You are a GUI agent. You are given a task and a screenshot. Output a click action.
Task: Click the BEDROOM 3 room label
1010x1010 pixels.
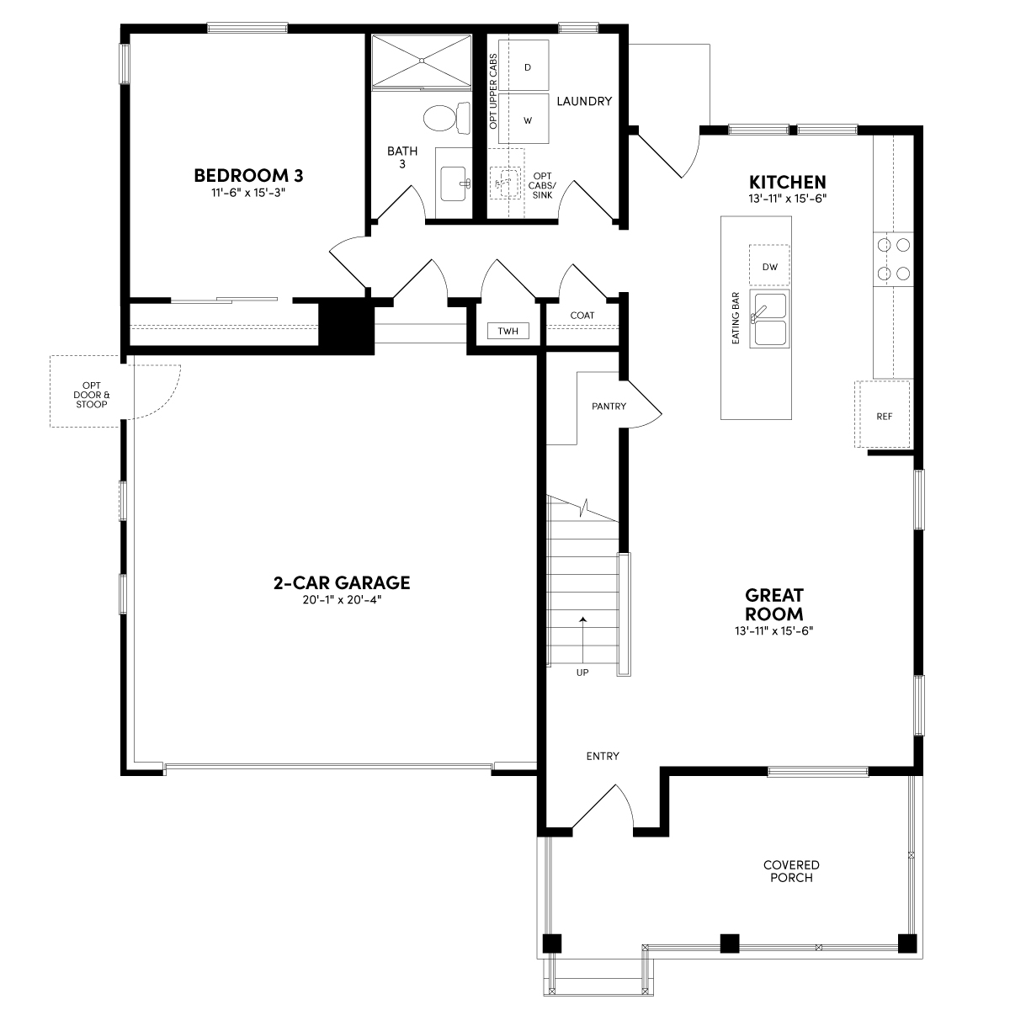coord(248,176)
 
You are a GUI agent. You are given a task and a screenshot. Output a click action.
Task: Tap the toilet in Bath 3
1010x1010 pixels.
coord(447,117)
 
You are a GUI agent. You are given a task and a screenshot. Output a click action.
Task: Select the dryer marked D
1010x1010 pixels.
coord(523,66)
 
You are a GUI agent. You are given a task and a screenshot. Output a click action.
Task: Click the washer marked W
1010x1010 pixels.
coord(523,119)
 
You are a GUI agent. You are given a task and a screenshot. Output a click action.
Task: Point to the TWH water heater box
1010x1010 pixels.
coord(508,331)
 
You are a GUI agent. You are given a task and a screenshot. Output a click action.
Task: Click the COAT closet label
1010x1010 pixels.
coord(582,316)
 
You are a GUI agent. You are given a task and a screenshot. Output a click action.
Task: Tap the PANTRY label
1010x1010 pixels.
coord(609,407)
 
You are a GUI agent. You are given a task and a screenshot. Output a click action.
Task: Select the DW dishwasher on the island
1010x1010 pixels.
coord(769,265)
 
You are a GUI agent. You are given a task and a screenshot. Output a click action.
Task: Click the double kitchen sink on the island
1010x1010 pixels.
coord(769,318)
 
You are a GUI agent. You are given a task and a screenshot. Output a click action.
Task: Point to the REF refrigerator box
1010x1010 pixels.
coord(885,415)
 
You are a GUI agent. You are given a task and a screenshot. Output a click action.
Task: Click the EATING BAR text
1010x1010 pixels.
coord(736,318)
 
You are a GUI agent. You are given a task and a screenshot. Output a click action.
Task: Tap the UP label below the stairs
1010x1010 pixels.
coord(582,672)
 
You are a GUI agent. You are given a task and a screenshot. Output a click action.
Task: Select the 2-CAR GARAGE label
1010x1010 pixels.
coord(342,582)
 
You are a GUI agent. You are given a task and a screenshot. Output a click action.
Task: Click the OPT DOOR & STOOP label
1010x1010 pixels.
coord(92,395)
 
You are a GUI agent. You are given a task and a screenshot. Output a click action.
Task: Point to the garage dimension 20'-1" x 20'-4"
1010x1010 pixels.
coord(342,599)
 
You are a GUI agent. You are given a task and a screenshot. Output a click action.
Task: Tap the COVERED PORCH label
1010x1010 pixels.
coord(791,871)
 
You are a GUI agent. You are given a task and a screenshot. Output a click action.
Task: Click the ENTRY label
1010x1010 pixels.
coord(603,756)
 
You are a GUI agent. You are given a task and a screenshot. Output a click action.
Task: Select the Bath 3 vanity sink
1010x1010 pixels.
coord(454,183)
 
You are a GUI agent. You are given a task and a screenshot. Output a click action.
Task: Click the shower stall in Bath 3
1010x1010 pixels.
coord(422,61)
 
